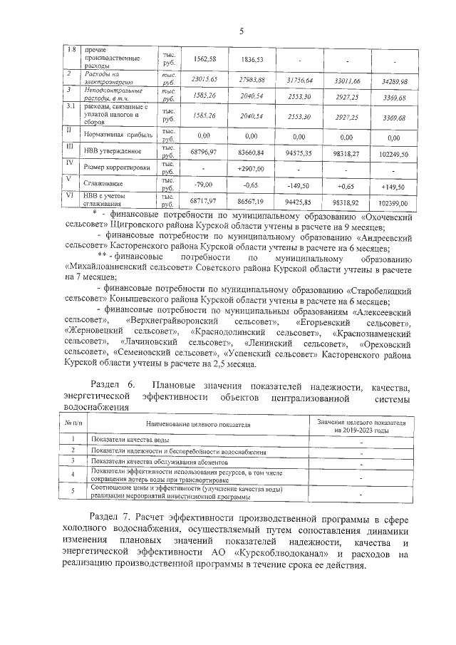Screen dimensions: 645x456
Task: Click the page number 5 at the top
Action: point(241,31)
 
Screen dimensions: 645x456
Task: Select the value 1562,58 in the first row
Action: point(203,58)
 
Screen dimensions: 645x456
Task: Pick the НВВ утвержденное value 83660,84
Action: point(251,152)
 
